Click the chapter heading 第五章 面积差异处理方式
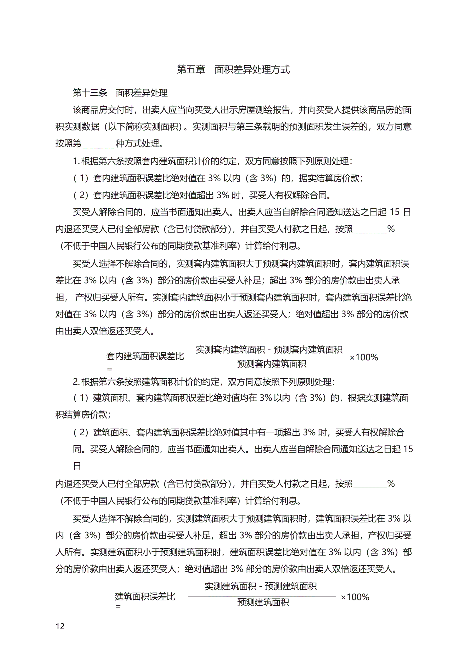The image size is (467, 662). coord(233,69)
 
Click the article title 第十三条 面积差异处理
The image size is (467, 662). coord(120,93)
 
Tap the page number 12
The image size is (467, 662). coord(60,626)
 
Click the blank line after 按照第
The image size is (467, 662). coord(98,144)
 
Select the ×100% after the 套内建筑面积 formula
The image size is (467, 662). coord(363,357)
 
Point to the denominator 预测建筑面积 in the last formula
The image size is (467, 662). coord(263,602)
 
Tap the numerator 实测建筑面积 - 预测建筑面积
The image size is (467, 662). coord(261,586)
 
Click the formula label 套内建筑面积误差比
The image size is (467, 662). coord(145,356)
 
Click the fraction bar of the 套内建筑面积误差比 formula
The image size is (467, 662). coord(270,358)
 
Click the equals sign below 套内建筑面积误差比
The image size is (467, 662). coord(109,369)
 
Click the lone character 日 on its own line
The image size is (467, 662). coord(77,466)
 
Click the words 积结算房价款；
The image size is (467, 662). coord(83,415)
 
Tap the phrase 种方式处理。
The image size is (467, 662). coord(140,144)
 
